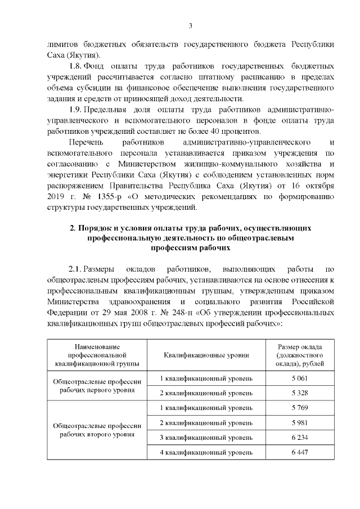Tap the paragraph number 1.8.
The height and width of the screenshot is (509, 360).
pos(75,65)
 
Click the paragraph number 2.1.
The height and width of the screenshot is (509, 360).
pos(75,269)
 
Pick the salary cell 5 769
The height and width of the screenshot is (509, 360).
pos(299,407)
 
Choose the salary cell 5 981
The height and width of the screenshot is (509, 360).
pos(299,422)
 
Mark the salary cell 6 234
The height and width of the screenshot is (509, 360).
pos(299,438)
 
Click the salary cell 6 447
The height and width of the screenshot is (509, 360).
pos(299,453)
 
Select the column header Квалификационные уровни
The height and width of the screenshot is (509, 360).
pos(206,355)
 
